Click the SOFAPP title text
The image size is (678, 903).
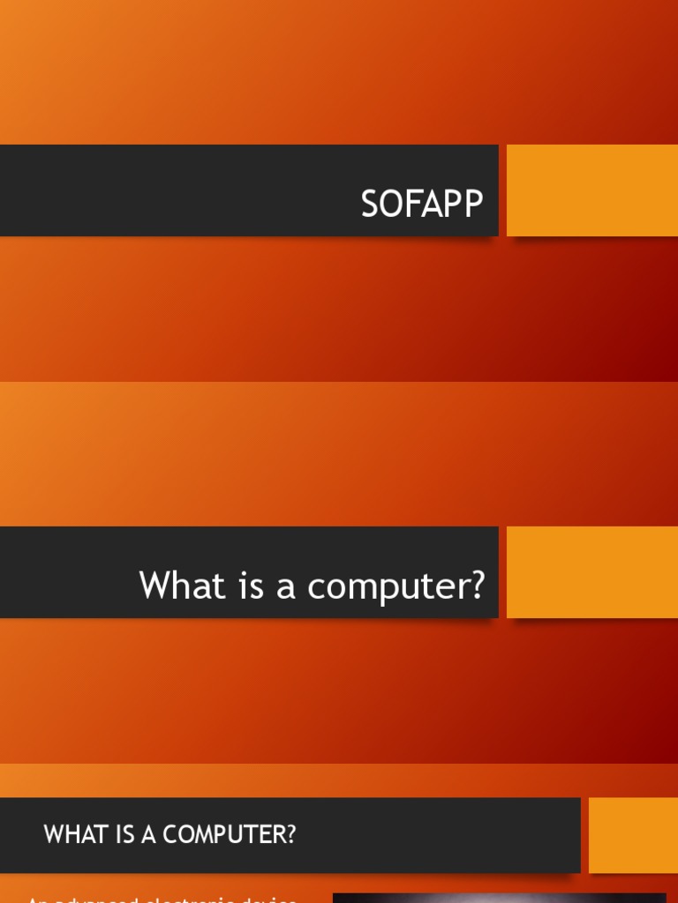pyautogui.click(x=422, y=205)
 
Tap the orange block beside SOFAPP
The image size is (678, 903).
pyautogui.click(x=591, y=190)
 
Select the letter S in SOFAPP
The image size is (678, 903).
pyautogui.click(x=370, y=205)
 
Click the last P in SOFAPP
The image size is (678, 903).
pyautogui.click(x=473, y=205)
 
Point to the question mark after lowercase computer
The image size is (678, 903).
pyautogui.click(x=478, y=586)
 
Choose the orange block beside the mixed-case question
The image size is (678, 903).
pyautogui.click(x=591, y=572)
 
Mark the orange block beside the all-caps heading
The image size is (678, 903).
pyautogui.click(x=633, y=835)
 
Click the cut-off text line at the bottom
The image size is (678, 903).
pyautogui.click(x=162, y=899)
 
